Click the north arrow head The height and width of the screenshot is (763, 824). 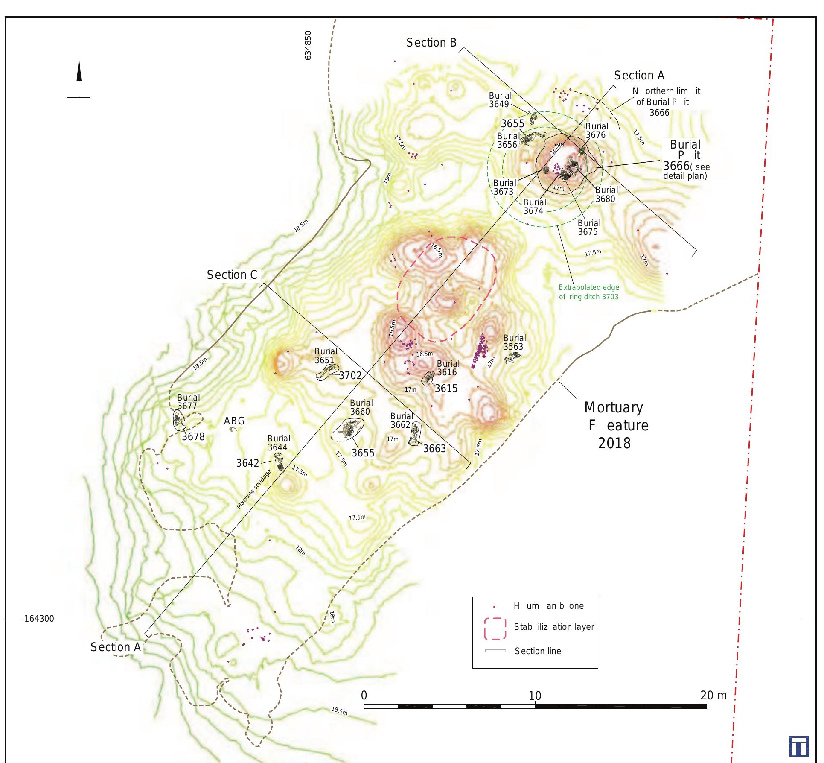(79, 71)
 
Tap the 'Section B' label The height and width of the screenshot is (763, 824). (431, 43)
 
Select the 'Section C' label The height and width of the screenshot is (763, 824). (232, 275)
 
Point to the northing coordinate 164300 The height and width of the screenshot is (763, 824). (39, 619)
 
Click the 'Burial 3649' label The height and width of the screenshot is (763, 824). (500, 100)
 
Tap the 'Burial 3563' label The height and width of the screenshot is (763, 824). (514, 342)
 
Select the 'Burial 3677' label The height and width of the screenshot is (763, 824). (188, 402)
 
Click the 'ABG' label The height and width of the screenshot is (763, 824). (234, 421)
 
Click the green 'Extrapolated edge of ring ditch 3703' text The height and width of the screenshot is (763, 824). (588, 292)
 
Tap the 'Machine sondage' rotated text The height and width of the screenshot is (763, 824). (254, 489)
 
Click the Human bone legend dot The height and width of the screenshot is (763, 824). (494, 607)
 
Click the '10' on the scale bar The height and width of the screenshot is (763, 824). (535, 696)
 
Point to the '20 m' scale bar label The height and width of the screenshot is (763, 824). (713, 696)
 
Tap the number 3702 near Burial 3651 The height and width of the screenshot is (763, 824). (350, 376)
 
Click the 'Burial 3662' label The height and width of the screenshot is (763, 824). (401, 421)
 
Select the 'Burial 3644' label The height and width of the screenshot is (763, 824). (278, 443)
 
